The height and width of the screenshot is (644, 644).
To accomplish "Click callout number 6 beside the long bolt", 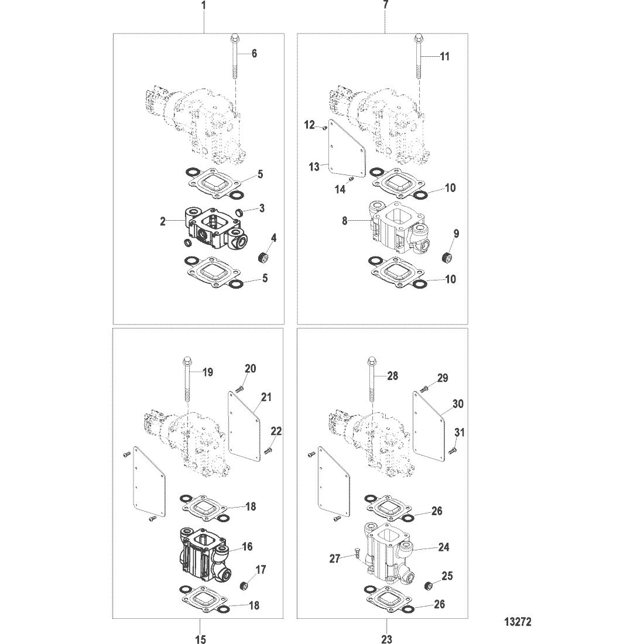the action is tap(254, 53).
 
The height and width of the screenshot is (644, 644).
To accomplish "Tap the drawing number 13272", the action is tap(518, 622).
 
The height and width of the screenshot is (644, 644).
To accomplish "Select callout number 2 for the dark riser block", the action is tap(163, 221).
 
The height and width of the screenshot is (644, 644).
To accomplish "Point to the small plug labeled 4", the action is tap(262, 258).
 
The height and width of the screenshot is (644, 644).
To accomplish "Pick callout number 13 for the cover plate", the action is tap(314, 167).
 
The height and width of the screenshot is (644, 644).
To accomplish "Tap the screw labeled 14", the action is tap(350, 179).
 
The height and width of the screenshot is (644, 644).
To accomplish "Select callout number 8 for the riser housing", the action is tap(345, 221).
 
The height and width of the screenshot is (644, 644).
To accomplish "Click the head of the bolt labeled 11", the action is tap(417, 38).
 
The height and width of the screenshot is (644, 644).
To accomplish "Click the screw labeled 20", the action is tap(240, 388).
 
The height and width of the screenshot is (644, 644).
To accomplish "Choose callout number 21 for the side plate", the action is tap(266, 397).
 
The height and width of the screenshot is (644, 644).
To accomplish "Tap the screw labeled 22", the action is tap(269, 451).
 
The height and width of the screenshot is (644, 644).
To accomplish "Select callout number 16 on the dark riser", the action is tap(247, 546).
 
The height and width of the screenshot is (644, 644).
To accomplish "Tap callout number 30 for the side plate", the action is tap(458, 404).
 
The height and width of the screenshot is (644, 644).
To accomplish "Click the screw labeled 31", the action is tap(453, 451).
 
